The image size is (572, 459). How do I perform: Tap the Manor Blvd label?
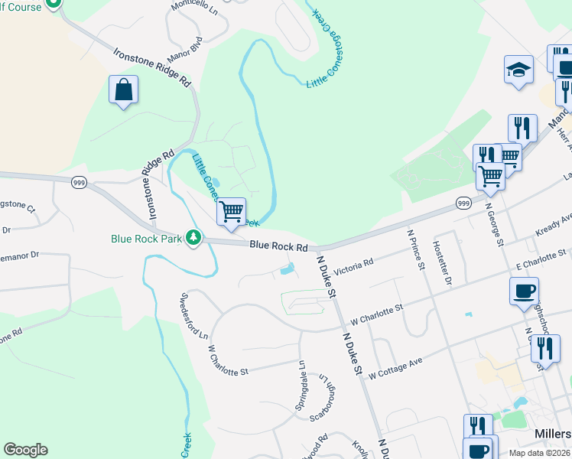click(x=184, y=51)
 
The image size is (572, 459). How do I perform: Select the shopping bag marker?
click(x=123, y=90)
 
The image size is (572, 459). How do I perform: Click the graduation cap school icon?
click(x=519, y=70)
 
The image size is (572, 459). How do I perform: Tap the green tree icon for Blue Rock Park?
click(x=195, y=238)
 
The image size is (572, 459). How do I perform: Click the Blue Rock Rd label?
click(x=278, y=247)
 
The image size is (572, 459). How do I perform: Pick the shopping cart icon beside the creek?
click(x=231, y=211)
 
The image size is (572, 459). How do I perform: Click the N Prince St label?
click(x=416, y=249)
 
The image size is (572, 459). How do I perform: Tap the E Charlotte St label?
click(x=540, y=259)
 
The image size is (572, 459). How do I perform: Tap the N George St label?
click(x=493, y=225)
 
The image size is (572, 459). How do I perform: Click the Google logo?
click(x=25, y=450)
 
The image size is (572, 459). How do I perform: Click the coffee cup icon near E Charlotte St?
click(x=524, y=291)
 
